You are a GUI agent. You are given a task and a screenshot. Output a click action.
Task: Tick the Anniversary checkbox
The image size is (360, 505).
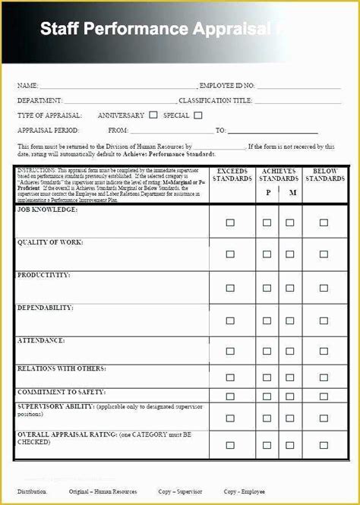tap(153, 115)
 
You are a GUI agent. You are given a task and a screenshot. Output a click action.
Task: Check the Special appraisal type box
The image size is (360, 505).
tap(198, 115)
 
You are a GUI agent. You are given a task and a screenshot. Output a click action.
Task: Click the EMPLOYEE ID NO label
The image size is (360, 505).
tap(227, 87)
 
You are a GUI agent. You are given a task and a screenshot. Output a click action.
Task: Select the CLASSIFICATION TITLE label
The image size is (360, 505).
tap(216, 101)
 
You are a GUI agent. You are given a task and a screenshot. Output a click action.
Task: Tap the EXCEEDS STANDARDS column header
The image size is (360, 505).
tap(232, 175)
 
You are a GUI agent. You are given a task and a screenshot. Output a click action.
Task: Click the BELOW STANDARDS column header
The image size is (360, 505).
tap(325, 175)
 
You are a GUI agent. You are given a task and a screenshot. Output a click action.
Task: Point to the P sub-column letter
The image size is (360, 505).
tap(267, 193)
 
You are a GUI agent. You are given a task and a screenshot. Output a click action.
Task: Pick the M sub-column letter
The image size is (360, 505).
tap(292, 193)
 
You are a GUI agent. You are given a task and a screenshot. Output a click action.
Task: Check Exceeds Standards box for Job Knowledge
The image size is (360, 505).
tap(230, 223)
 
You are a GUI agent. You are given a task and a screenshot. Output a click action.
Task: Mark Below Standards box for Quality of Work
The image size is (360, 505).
tap(324, 255)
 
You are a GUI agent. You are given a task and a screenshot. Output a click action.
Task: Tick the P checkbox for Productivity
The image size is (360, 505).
tap(267, 288)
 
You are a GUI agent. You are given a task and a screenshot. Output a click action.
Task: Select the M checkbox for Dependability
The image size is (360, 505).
tap(290, 320)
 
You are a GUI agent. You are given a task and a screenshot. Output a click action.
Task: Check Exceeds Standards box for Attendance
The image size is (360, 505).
tap(230, 352)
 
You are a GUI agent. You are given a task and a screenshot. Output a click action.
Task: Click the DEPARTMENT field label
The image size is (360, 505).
tap(40, 101)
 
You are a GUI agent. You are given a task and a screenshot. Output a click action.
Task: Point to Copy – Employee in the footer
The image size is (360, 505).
tap(245, 491)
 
